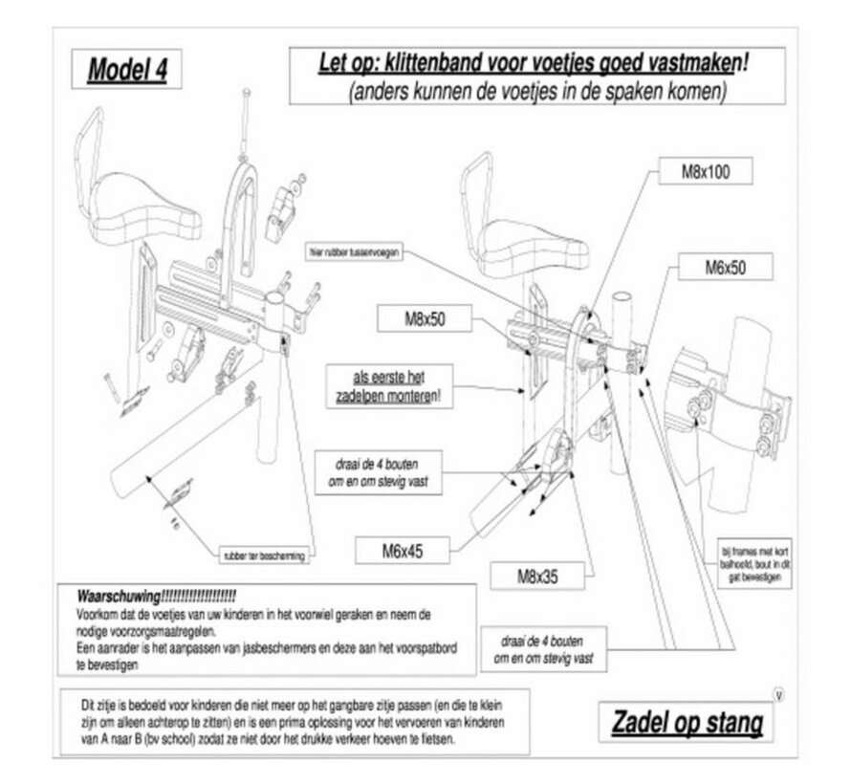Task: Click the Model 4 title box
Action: [121, 69]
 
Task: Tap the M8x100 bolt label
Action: [707, 172]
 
